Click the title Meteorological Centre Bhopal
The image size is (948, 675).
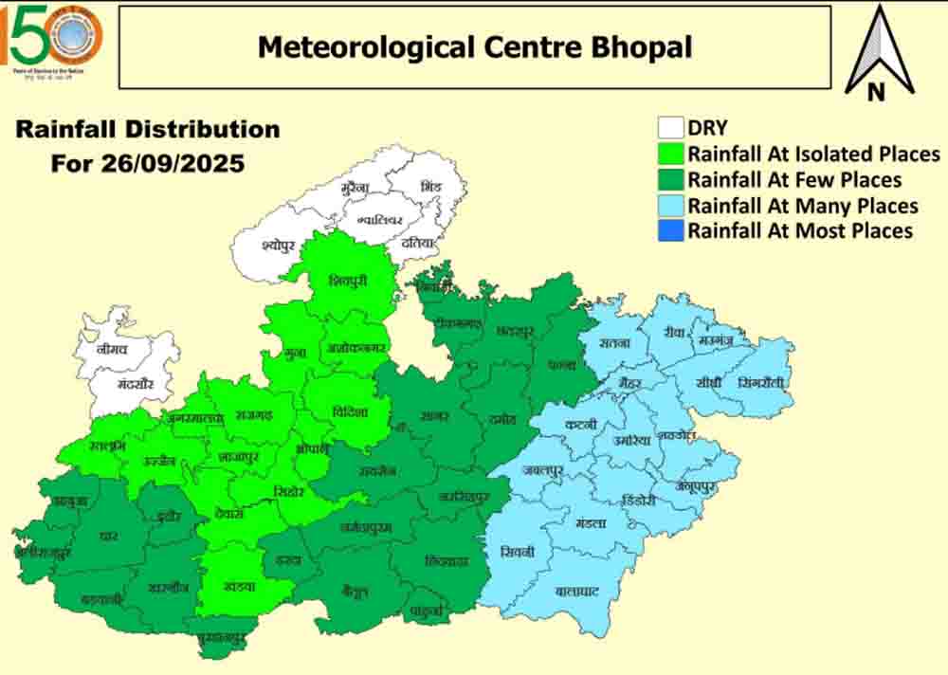[x=475, y=46]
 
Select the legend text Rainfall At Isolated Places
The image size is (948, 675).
[x=813, y=154]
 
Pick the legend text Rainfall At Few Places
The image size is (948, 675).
[x=794, y=179]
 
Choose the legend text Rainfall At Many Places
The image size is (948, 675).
[x=802, y=205]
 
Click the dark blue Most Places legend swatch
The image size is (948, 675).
[x=671, y=230]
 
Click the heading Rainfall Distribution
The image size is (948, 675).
[x=148, y=130]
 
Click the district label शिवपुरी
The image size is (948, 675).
[x=347, y=281]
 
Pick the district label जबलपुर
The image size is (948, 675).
[x=542, y=470]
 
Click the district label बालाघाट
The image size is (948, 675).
[x=576, y=592]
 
